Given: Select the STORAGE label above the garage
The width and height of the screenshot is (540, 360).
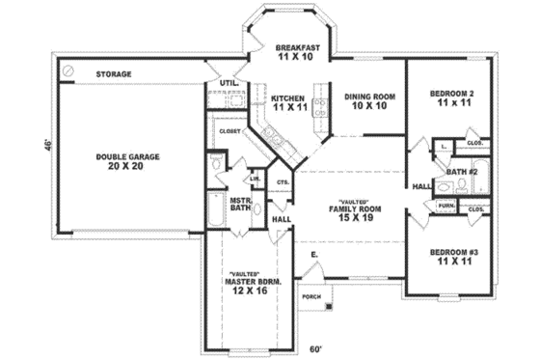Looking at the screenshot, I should (x=114, y=73).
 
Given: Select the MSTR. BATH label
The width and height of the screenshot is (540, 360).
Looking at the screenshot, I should (x=241, y=205).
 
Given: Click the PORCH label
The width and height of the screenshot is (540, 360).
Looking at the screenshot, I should (x=311, y=296).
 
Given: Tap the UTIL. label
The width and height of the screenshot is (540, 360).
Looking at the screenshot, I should (x=229, y=84).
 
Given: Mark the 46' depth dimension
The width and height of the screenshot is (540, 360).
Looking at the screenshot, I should (x=45, y=145).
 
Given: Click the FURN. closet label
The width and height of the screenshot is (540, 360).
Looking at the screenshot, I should (x=446, y=207).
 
